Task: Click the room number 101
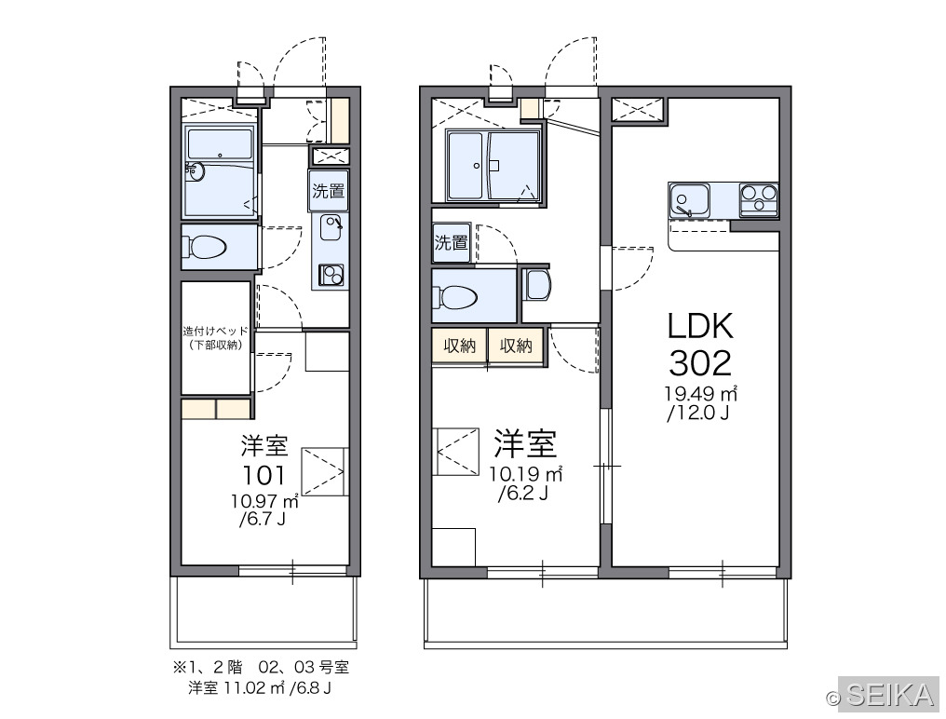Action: [264, 476]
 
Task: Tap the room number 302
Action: [700, 363]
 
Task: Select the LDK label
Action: [700, 326]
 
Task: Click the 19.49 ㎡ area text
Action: [701, 394]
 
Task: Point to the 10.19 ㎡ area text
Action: [526, 474]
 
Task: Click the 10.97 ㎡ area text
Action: [264, 500]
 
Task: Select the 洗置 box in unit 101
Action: [328, 191]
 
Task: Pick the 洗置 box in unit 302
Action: [452, 242]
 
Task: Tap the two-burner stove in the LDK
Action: [759, 200]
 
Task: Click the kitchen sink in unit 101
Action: [331, 227]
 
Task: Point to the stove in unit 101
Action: [331, 276]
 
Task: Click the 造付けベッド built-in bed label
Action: [215, 338]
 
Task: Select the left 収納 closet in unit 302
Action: [460, 346]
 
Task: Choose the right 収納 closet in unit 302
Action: [517, 346]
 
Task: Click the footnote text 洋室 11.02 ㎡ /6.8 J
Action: [260, 687]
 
